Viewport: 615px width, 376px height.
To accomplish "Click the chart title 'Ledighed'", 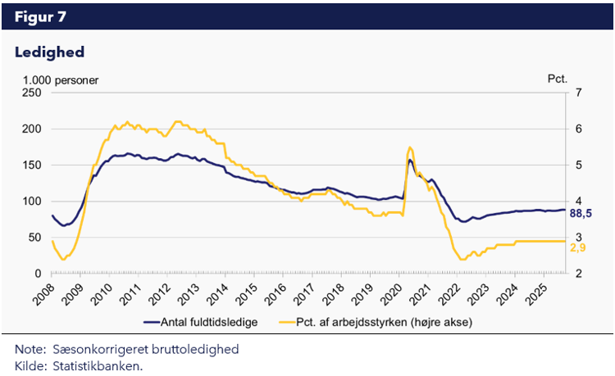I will click(50, 52).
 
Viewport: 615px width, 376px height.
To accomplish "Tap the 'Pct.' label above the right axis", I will click(558, 79).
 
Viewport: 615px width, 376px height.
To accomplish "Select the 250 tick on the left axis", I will click(32, 93).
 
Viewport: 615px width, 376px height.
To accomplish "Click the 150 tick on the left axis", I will click(32, 165).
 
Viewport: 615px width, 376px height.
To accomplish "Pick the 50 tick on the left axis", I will click(34, 237).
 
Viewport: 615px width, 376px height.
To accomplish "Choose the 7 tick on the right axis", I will click(578, 93).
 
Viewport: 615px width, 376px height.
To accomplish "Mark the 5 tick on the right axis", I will click(578, 165).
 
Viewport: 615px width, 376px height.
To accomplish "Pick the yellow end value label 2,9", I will click(577, 246).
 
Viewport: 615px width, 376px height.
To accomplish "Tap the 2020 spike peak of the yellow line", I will click(410, 147).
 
